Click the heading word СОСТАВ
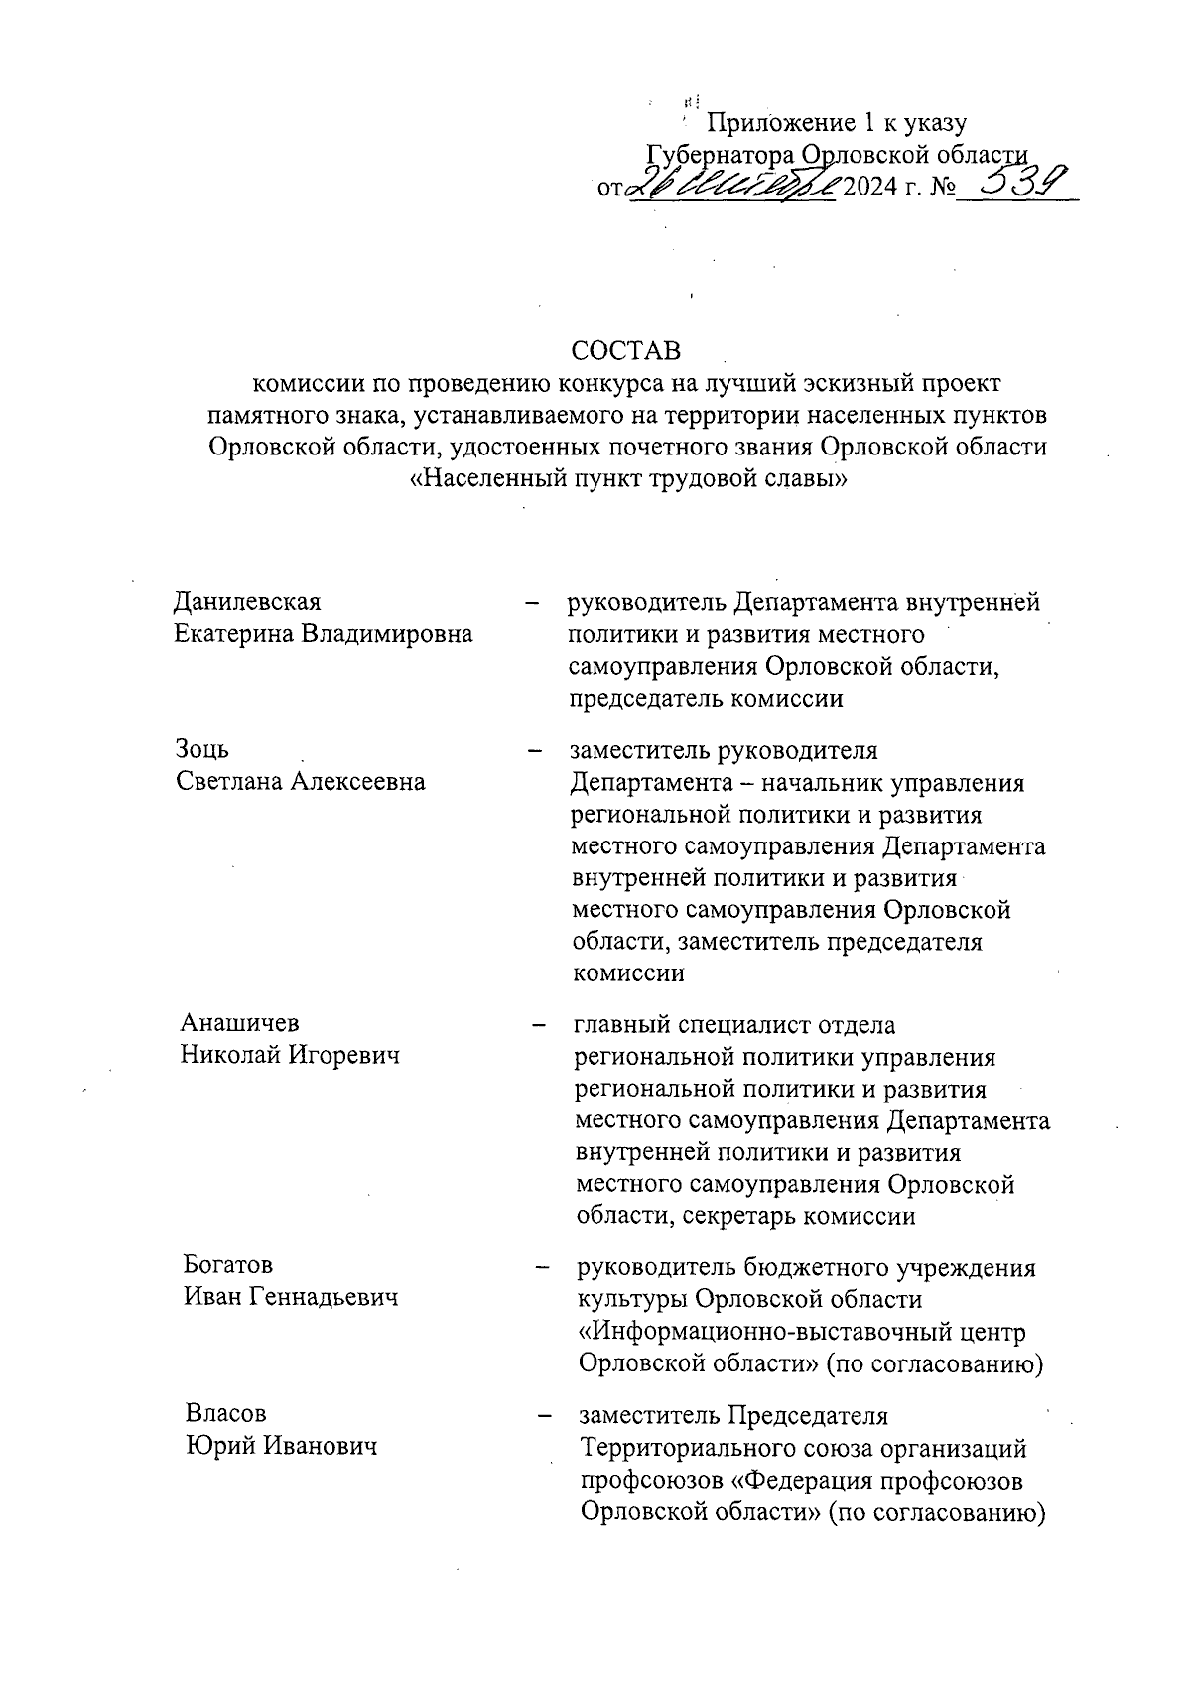(x=626, y=352)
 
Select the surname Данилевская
(x=247, y=602)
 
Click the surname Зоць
(x=202, y=749)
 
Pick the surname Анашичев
(x=239, y=1022)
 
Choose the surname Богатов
(x=228, y=1265)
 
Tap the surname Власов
(x=226, y=1413)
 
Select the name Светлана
(x=229, y=782)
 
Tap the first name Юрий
(x=216, y=1446)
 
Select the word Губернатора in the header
(x=721, y=155)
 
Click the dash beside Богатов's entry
(x=543, y=1266)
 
